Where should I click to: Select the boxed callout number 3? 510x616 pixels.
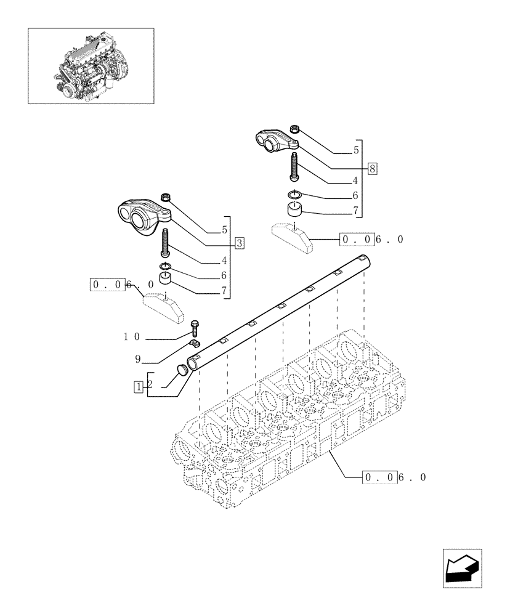pyautogui.click(x=240, y=242)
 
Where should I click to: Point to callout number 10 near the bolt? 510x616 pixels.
pyautogui.click(x=132, y=337)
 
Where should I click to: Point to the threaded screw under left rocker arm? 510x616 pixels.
pyautogui.click(x=166, y=243)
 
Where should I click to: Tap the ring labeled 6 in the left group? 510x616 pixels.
pyautogui.click(x=165, y=266)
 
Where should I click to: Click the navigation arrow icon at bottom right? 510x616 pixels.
pyautogui.click(x=461, y=569)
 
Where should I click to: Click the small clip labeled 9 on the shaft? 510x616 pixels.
pyautogui.click(x=195, y=343)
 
